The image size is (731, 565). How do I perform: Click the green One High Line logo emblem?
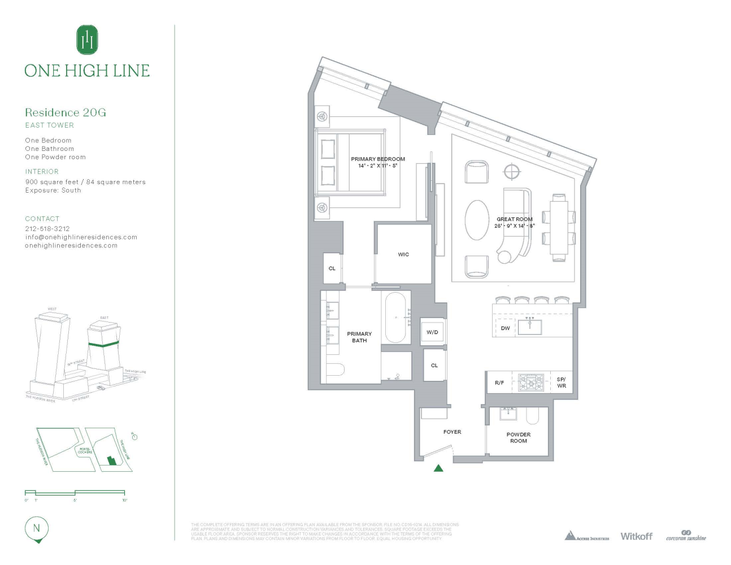click(x=87, y=40)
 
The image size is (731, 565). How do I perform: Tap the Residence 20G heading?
click(x=66, y=112)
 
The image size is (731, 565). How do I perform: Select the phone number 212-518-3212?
click(x=47, y=229)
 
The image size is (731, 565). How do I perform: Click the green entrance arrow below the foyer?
click(x=438, y=468)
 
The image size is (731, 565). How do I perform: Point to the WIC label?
click(x=403, y=254)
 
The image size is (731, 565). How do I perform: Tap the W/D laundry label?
click(x=432, y=332)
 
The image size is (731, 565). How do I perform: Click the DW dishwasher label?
click(x=505, y=328)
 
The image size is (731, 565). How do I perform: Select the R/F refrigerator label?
click(x=499, y=383)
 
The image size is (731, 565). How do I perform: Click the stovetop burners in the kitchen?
click(x=530, y=382)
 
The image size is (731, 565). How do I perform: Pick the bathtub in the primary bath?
click(x=395, y=318)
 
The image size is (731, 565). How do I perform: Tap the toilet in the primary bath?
click(x=336, y=370)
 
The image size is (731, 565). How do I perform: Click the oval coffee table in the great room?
click(x=477, y=220)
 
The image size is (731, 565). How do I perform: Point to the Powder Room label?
click(x=518, y=437)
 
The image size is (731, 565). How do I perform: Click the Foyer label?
click(x=452, y=432)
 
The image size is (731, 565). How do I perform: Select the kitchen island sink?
click(x=530, y=327)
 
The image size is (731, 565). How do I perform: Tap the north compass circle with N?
click(x=37, y=529)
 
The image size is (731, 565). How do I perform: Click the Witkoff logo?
click(x=636, y=536)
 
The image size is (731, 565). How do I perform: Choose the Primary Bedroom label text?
click(x=378, y=159)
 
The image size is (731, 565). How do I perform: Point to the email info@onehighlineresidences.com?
click(x=81, y=237)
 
